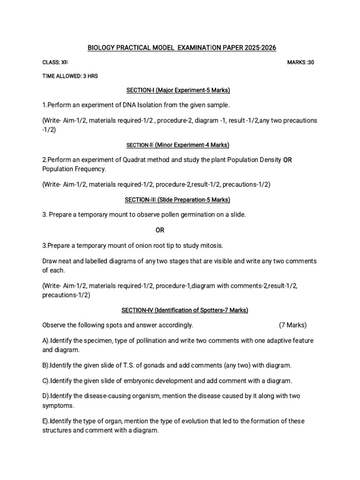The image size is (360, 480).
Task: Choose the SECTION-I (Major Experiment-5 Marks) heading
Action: tap(177, 90)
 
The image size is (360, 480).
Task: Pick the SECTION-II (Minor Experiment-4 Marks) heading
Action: tap(177, 145)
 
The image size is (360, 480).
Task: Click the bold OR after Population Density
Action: tap(287, 160)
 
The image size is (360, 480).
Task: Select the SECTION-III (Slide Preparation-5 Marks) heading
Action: tap(177, 200)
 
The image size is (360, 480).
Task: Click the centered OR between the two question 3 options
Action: tap(160, 230)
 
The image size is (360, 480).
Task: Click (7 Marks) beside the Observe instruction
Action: tap(293, 324)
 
